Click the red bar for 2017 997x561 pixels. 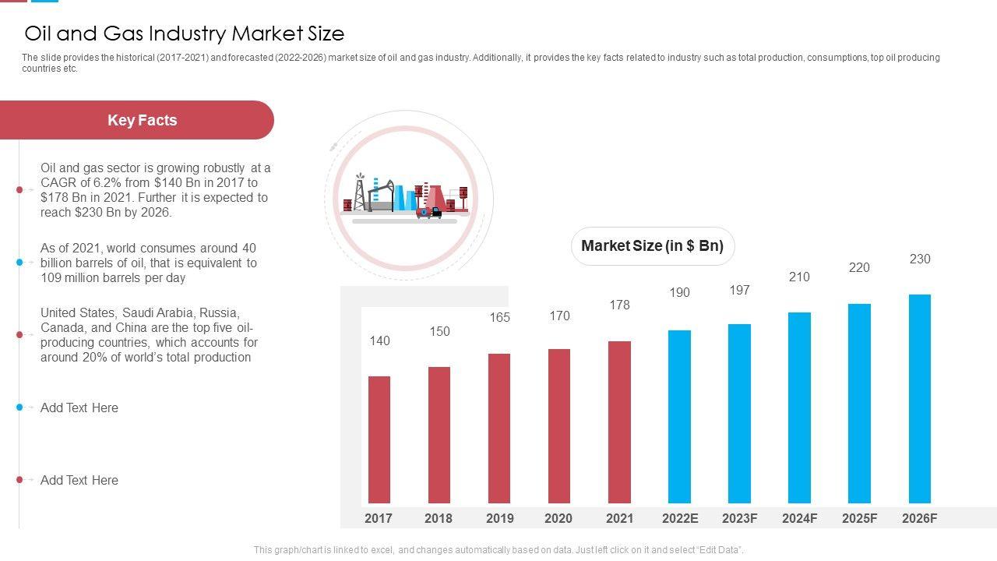pyautogui.click(x=379, y=439)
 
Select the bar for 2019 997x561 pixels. pyautogui.click(x=499, y=429)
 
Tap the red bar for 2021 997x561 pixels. pyautogui.click(x=619, y=422)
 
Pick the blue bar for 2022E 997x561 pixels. pyautogui.click(x=679, y=417)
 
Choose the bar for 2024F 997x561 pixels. pyautogui.click(x=799, y=408)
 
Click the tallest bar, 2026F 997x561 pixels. pyautogui.click(x=919, y=399)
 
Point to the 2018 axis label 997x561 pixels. pyautogui.click(x=439, y=518)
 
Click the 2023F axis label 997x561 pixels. pyautogui.click(x=739, y=518)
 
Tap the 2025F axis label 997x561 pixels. pyautogui.click(x=859, y=518)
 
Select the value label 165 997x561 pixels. pyautogui.click(x=499, y=317)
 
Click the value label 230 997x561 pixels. pyautogui.click(x=920, y=259)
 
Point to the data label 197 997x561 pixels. pyautogui.click(x=739, y=290)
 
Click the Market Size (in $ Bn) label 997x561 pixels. pyautogui.click(x=653, y=246)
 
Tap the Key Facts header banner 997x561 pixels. pyautogui.click(x=142, y=120)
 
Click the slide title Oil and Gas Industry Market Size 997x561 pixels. pyautogui.click(x=185, y=34)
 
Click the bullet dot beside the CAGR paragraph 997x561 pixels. pyautogui.click(x=19, y=189)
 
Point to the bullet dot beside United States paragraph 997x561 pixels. pyautogui.click(x=19, y=335)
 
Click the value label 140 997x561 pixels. pyautogui.click(x=379, y=340)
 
